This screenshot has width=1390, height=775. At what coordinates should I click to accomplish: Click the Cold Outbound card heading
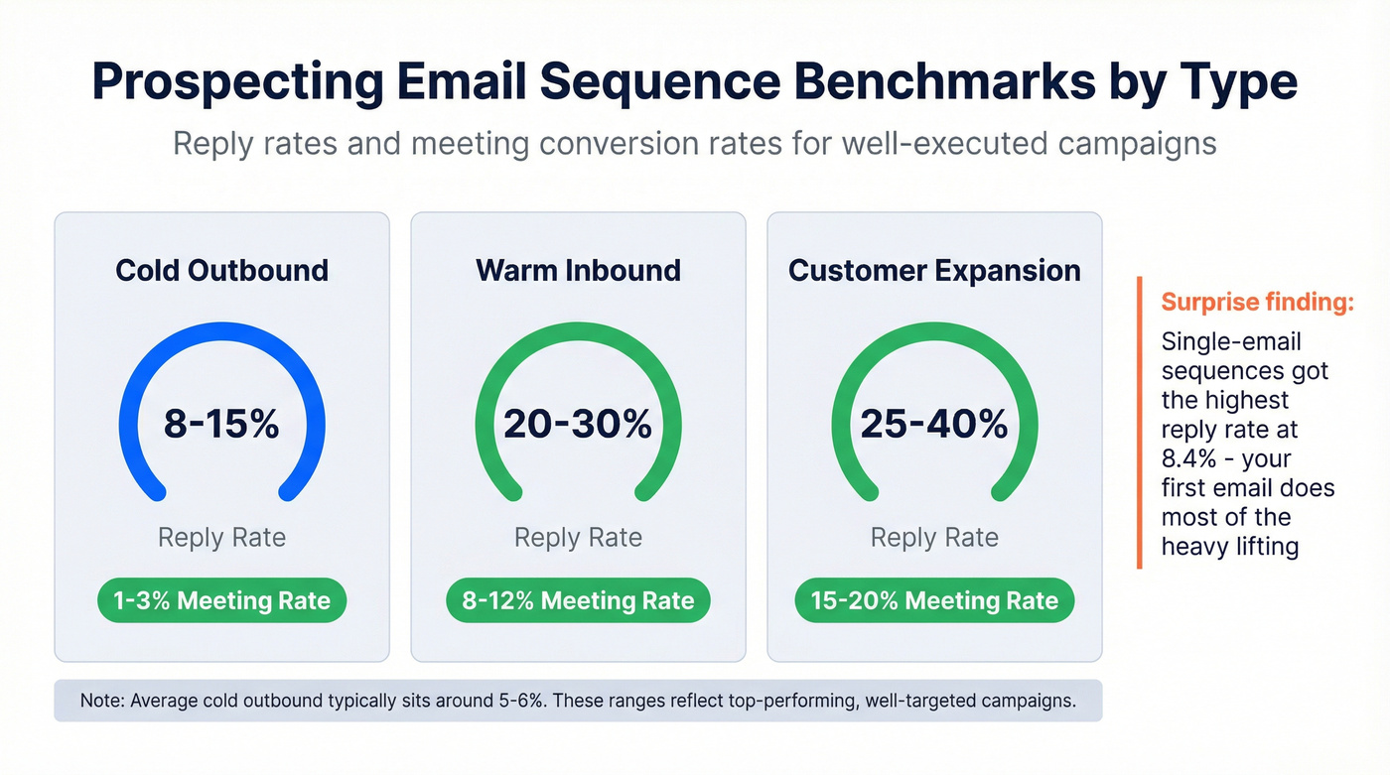pos(221,271)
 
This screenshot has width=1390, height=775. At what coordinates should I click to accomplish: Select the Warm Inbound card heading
pos(578,271)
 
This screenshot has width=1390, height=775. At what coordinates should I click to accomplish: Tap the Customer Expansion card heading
pos(934,271)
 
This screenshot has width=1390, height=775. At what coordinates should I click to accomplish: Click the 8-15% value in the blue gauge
pos(221,425)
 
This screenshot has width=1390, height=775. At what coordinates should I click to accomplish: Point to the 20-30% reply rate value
pos(578,425)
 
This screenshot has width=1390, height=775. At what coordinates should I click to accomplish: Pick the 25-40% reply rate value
pos(934,425)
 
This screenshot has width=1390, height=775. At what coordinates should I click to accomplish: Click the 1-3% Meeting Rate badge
pos(221,600)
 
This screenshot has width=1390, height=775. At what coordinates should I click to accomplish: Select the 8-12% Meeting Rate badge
pos(578,600)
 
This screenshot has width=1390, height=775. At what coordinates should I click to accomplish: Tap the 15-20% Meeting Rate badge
pos(934,600)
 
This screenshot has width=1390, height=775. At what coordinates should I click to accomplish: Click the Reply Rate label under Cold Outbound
pos(221,538)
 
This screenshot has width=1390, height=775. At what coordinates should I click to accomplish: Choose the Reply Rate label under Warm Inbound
pos(578,538)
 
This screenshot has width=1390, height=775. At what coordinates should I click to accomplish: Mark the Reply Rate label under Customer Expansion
pos(934,538)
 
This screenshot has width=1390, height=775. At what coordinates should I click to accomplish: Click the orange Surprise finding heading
pos(1257,303)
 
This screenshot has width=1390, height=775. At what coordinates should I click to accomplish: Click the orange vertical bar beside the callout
pos(1140,423)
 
